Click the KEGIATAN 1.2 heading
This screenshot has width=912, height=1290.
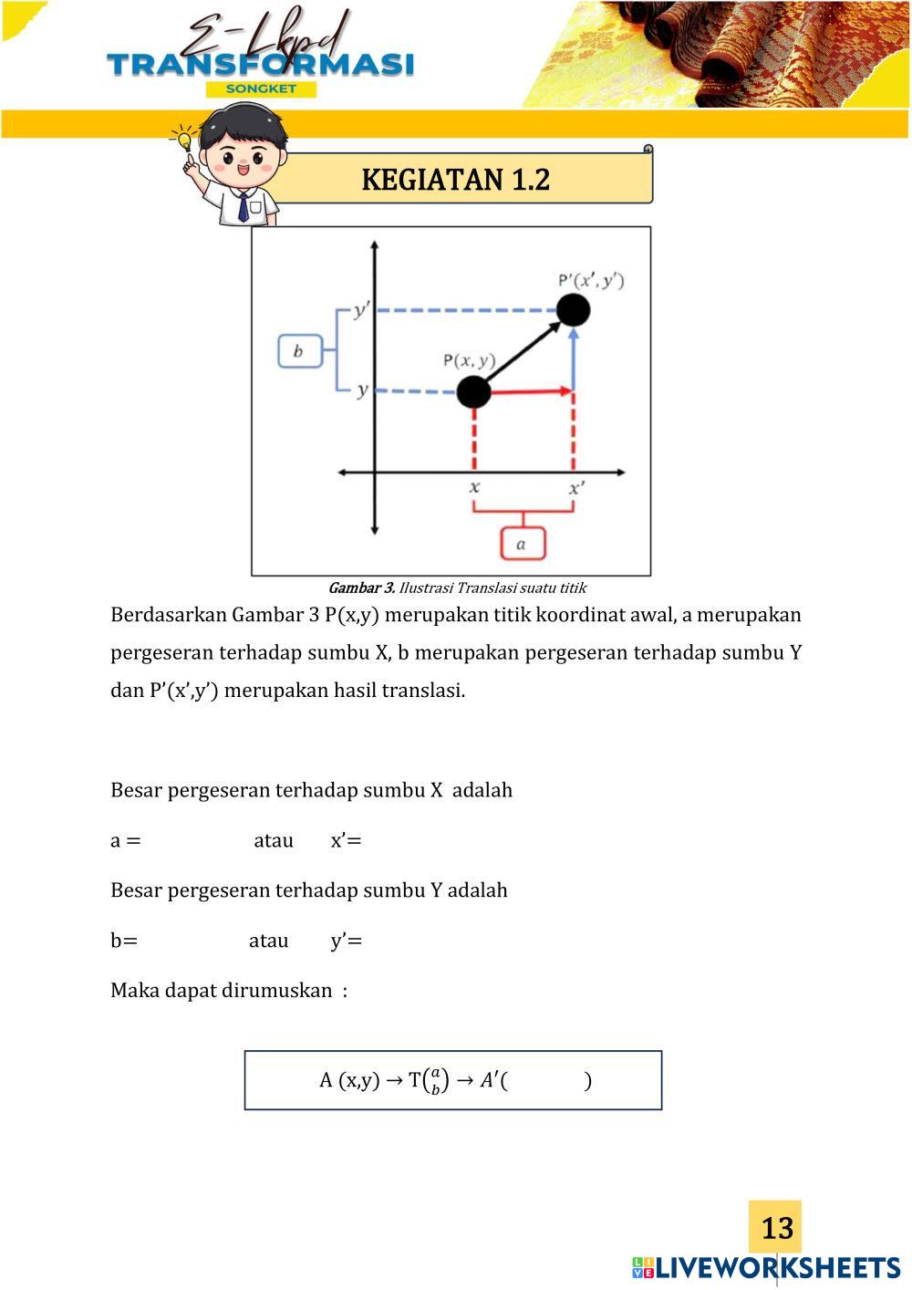tap(455, 179)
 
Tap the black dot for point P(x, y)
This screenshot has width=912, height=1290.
tap(473, 391)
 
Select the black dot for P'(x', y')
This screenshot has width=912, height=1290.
tap(573, 310)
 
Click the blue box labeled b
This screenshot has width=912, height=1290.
tap(299, 351)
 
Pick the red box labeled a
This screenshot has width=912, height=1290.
tap(522, 544)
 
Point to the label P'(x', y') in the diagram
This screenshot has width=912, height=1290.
tap(591, 280)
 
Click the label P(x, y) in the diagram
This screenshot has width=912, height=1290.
tap(469, 360)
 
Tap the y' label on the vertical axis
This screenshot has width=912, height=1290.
tap(361, 311)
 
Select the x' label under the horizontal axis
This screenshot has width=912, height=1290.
tap(575, 488)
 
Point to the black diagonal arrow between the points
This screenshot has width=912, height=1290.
tap(523, 351)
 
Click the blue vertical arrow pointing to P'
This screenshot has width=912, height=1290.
tap(573, 360)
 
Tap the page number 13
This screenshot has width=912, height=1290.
tap(776, 1227)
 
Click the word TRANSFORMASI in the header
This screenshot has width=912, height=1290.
tap(260, 64)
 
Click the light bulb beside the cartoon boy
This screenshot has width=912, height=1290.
tap(185, 140)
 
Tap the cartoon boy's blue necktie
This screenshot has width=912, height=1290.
tap(243, 207)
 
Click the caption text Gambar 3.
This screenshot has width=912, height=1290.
tap(361, 588)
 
